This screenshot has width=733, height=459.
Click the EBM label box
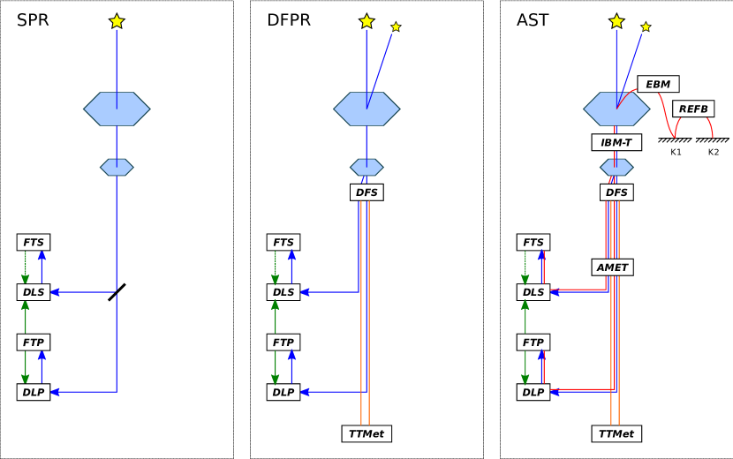(x=658, y=84)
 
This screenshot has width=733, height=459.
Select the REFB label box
(x=693, y=109)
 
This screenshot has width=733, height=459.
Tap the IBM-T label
(x=616, y=142)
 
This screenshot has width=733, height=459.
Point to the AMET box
(x=612, y=267)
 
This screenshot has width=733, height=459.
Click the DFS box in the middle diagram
(x=366, y=192)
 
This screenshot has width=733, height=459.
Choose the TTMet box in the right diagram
(x=616, y=433)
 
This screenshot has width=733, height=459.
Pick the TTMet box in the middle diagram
(x=366, y=433)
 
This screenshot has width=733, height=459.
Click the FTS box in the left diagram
(x=34, y=242)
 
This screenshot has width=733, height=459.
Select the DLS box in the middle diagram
(x=283, y=292)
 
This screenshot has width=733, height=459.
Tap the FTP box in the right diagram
(x=533, y=342)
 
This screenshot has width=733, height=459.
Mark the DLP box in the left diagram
(x=34, y=392)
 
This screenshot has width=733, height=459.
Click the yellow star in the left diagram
(x=117, y=21)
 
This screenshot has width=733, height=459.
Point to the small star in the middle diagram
(x=396, y=26)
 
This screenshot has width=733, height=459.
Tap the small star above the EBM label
(x=646, y=26)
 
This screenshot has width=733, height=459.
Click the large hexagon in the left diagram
(x=117, y=109)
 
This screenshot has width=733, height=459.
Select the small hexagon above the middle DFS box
(x=366, y=167)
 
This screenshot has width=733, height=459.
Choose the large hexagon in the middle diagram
(x=366, y=109)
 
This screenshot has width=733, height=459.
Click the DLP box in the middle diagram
(x=283, y=392)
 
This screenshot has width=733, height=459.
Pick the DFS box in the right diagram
(x=616, y=192)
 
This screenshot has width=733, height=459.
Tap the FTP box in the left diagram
(x=34, y=342)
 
